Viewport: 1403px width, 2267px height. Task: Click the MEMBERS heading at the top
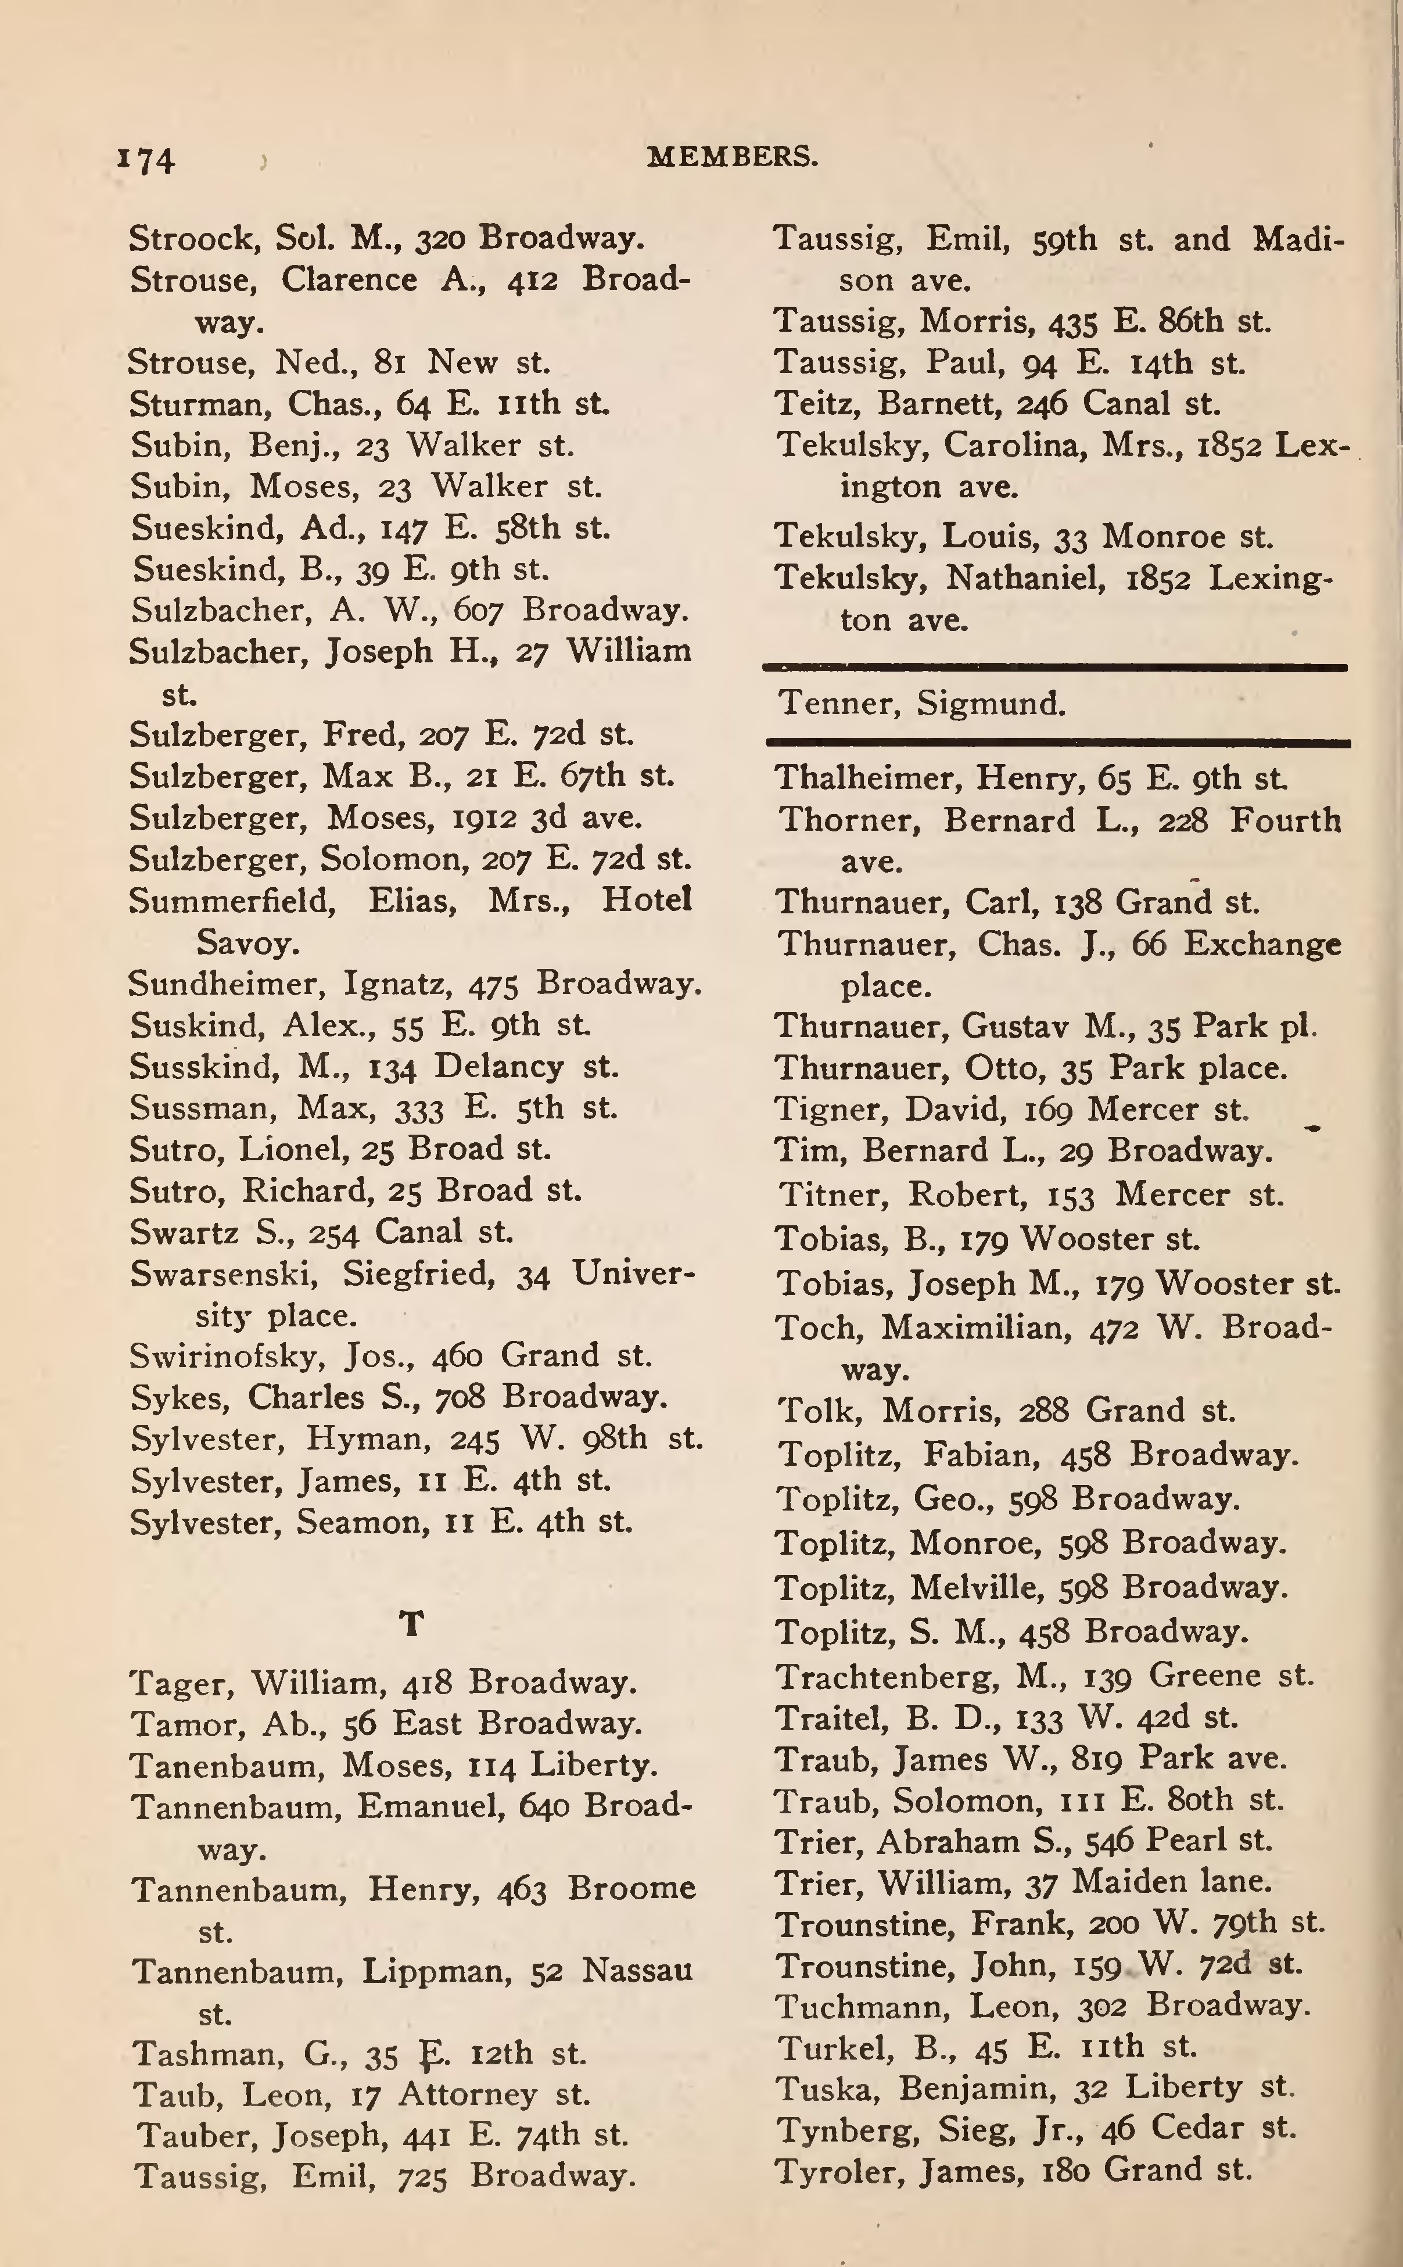click(x=732, y=157)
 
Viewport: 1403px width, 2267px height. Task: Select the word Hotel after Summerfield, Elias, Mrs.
click(x=647, y=900)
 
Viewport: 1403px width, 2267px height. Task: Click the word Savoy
click(x=247, y=943)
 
